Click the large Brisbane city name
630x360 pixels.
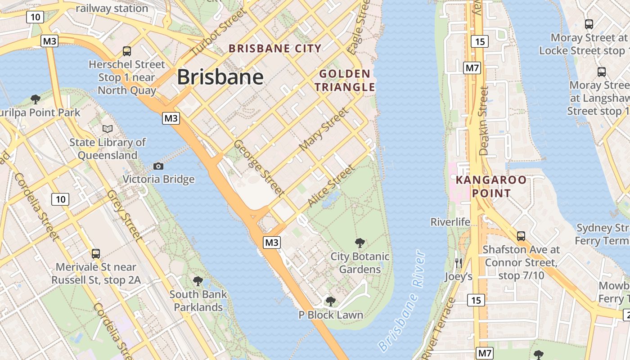tap(220, 77)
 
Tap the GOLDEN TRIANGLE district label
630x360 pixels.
tap(345, 80)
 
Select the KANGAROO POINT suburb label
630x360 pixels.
tap(491, 186)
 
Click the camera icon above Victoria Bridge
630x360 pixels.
tap(158, 166)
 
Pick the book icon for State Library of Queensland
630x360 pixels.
tap(108, 129)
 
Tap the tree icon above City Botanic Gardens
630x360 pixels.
tap(360, 243)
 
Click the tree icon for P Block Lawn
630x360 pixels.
tap(331, 301)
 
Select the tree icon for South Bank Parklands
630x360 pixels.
tap(198, 282)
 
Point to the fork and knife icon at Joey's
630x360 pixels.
tap(459, 263)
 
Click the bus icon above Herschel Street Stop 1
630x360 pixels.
tap(127, 51)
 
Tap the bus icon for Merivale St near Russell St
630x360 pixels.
tap(96, 254)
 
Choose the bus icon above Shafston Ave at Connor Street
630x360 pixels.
tap(521, 236)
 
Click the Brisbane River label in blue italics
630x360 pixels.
tap(402, 302)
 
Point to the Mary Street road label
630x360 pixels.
tap(324, 130)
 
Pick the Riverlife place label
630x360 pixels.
tap(450, 222)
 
